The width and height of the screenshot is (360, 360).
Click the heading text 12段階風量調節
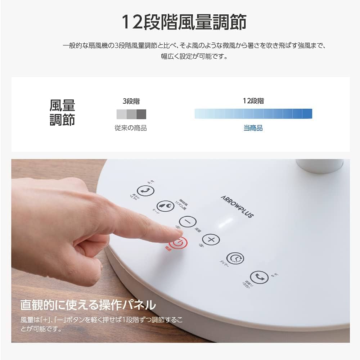click(x=184, y=22)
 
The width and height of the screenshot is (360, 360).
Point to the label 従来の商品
click(x=131, y=128)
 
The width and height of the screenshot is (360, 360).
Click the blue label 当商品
click(x=253, y=128)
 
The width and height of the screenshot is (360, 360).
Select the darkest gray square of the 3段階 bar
click(x=141, y=114)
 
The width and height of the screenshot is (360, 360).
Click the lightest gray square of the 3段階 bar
click(x=121, y=114)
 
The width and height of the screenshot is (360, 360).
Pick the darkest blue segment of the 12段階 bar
click(x=307, y=114)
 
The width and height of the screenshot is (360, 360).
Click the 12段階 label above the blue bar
click(x=253, y=101)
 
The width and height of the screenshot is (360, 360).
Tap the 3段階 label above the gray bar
click(x=131, y=101)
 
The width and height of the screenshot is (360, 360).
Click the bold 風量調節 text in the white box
click(x=62, y=113)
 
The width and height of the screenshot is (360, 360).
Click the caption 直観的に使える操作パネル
click(x=88, y=305)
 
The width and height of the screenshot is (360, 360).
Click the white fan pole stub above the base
click(x=320, y=165)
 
